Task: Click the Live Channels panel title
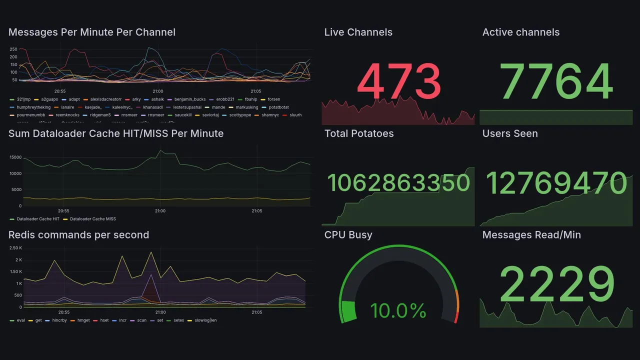click(x=358, y=32)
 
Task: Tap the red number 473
click(x=398, y=82)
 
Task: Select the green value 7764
click(x=556, y=82)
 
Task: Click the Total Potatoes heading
click(x=358, y=133)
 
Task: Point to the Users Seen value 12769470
click(x=556, y=183)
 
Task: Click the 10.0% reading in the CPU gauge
click(x=398, y=311)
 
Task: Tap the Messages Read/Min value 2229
click(x=556, y=285)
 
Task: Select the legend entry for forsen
click(x=273, y=99)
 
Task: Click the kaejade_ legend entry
click(x=93, y=107)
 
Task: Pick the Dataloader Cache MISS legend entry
click(x=93, y=219)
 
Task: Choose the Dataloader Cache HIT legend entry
click(x=37, y=219)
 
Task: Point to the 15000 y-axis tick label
click(x=15, y=157)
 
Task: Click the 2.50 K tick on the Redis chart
click(x=15, y=248)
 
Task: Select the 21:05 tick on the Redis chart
click(x=256, y=312)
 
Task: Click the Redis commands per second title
click(x=78, y=235)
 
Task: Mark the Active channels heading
click(x=520, y=32)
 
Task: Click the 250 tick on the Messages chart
click(x=13, y=49)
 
